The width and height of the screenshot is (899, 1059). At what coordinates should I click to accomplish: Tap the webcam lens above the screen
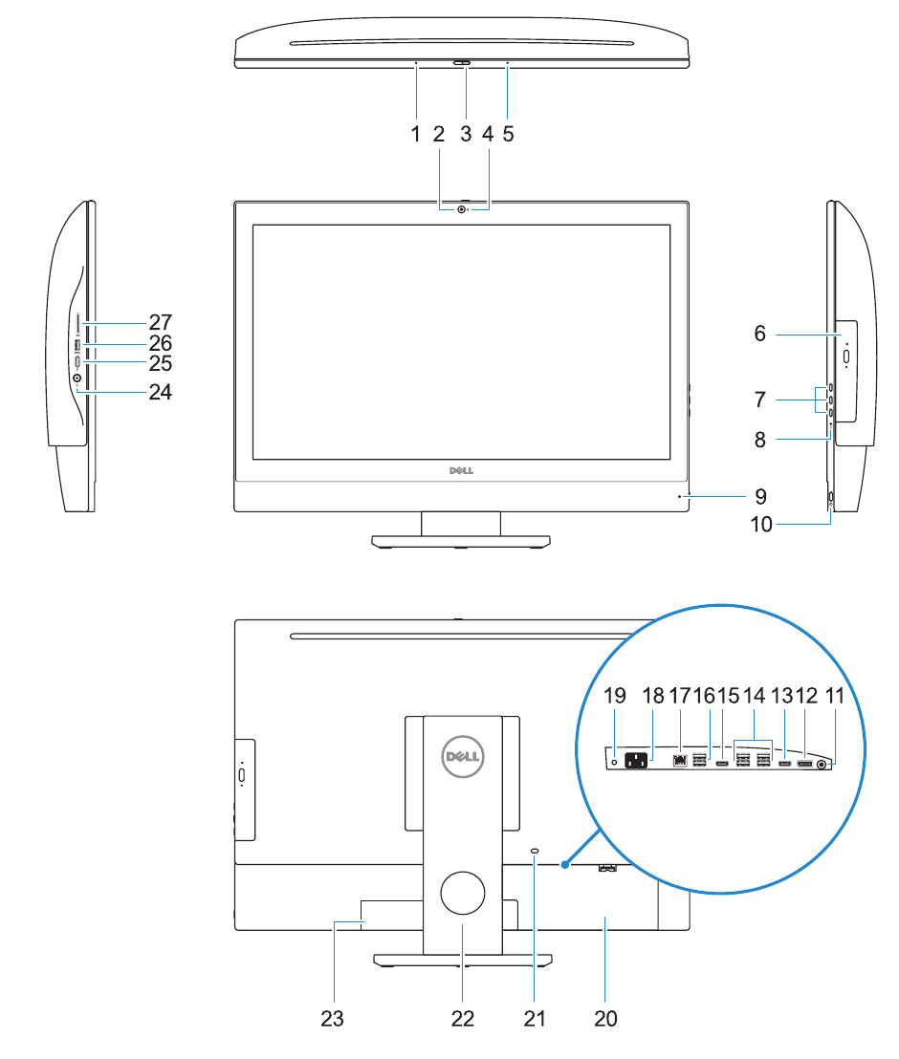pos(463,209)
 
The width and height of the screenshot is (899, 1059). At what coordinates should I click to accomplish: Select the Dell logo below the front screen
pos(463,471)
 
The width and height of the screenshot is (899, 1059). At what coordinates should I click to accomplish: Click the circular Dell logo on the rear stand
pos(463,758)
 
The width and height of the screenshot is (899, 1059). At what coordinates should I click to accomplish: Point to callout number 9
pos(760,496)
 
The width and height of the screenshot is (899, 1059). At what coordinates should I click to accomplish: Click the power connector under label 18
pos(637,762)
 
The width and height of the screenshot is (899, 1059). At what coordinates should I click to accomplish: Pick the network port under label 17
pos(680,762)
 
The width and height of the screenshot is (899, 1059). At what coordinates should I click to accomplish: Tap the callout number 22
pos(463,1019)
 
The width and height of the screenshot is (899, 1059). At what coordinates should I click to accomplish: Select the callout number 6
pos(760,334)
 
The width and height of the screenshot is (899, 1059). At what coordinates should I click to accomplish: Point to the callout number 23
pos(332,1019)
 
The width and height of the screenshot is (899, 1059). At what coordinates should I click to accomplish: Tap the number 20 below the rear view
pos(605,1019)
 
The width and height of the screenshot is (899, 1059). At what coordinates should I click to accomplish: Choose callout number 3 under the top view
pos(466,134)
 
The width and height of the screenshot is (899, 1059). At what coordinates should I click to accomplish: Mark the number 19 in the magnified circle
pos(615,697)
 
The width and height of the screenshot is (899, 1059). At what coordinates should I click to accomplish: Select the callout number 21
pos(535,1019)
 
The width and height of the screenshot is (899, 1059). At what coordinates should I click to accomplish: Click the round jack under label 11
pos(822,764)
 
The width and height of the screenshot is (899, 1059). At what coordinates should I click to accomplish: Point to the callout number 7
pos(760,397)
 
